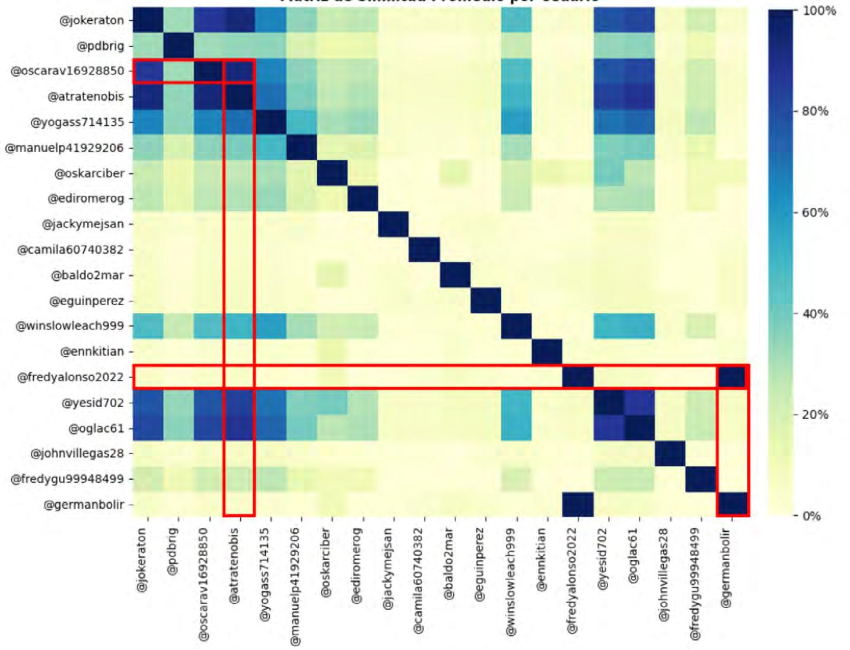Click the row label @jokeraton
coord(91,20)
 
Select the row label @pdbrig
coord(100,46)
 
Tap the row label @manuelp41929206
coord(65,148)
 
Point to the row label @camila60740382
coord(71,249)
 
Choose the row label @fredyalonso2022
coord(71,377)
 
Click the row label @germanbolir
coord(84,505)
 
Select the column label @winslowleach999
coord(511,582)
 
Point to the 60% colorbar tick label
coord(815,213)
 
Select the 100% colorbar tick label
coord(818,11)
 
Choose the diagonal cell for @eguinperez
coord(486,300)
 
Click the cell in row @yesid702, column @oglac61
coord(639,402)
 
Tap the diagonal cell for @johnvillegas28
coord(670,454)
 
